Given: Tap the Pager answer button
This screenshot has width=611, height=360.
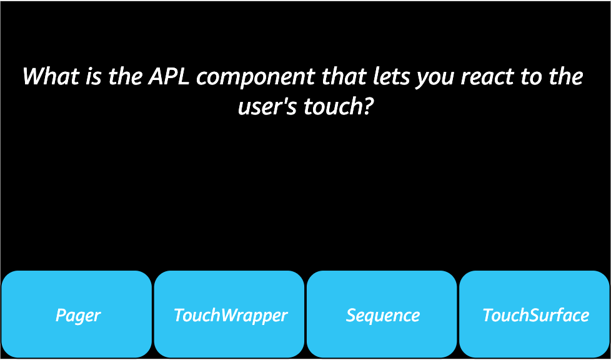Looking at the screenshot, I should point(77,314).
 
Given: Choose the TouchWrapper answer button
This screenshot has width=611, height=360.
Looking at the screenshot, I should point(229,314).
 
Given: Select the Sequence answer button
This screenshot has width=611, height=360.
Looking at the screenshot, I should point(382,314).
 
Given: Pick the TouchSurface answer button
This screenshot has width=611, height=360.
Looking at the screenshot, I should point(535,314).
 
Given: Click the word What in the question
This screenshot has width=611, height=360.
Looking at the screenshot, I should point(50,77).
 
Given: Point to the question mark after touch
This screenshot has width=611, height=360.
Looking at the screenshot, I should point(368,107).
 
